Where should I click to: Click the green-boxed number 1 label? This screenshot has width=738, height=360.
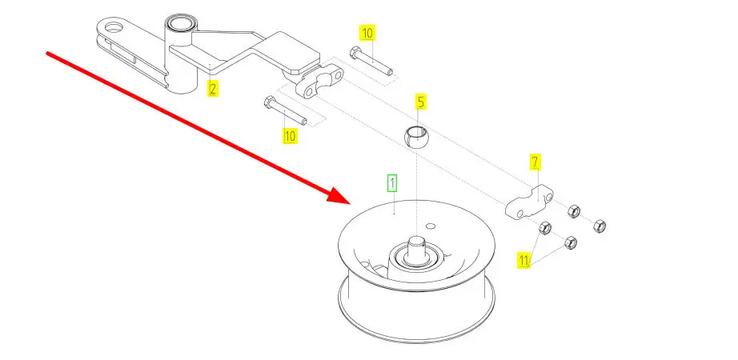[392, 183]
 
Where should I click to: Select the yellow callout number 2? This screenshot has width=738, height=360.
[212, 88]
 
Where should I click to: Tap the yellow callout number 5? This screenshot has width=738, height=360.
[420, 102]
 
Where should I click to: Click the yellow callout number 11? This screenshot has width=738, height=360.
[524, 260]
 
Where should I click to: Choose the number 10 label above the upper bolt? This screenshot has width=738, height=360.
[367, 34]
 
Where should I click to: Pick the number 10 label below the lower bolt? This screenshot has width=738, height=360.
[290, 135]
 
